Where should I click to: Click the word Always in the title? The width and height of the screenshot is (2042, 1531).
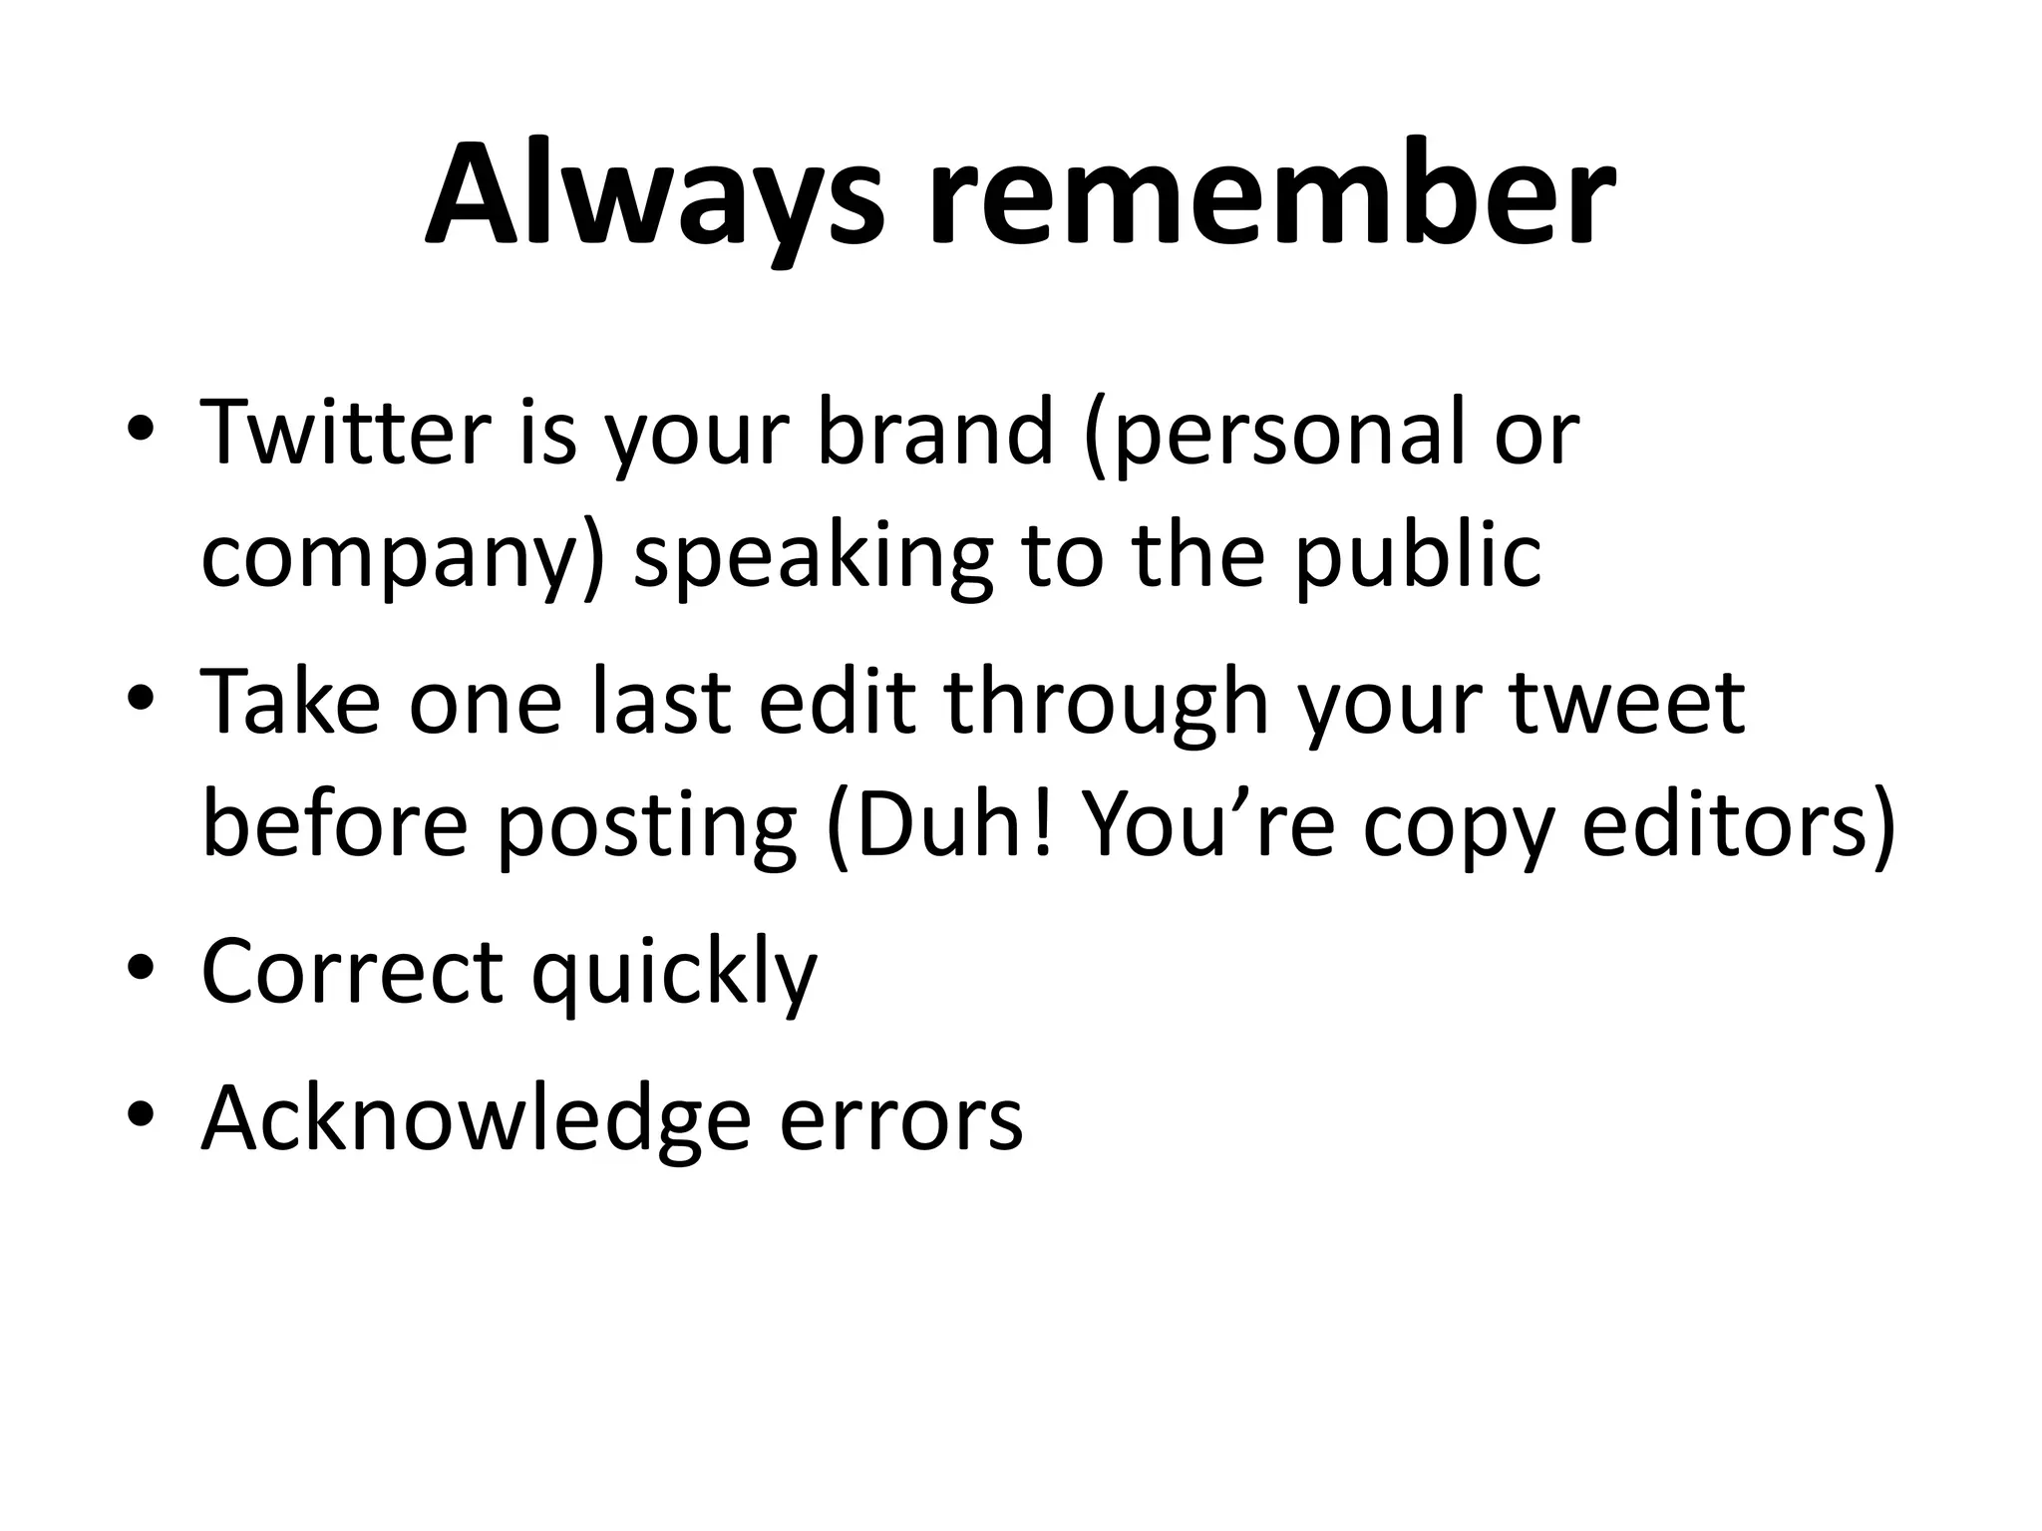click(x=654, y=196)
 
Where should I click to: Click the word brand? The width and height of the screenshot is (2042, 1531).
click(x=935, y=434)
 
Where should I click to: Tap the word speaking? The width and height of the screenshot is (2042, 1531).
click(x=814, y=559)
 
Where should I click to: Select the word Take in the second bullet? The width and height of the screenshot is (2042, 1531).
click(x=290, y=702)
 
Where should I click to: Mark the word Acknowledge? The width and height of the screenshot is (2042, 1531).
click(x=476, y=1117)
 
